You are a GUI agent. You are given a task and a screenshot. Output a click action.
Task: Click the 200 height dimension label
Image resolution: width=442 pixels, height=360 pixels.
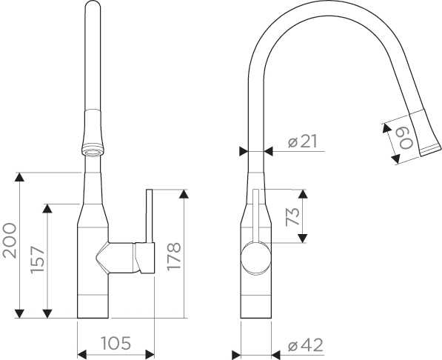click(10, 241)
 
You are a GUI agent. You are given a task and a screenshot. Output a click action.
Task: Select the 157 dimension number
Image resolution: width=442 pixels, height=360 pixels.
click(38, 260)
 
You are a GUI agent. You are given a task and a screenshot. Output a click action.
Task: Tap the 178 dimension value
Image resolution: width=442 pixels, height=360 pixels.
click(174, 256)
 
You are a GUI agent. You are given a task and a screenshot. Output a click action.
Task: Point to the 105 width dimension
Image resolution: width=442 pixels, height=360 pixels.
click(115, 343)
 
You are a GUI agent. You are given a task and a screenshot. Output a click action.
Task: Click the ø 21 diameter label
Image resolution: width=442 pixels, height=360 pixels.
click(303, 141)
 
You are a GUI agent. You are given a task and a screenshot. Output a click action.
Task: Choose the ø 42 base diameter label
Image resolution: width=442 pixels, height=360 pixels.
click(306, 345)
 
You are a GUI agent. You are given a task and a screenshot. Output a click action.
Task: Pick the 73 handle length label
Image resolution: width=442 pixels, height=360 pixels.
click(292, 217)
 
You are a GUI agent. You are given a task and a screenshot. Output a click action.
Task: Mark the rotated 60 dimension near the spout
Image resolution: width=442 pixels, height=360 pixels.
click(406, 139)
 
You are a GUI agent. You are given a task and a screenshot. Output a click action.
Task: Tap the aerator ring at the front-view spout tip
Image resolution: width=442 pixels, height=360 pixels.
click(93, 150)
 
